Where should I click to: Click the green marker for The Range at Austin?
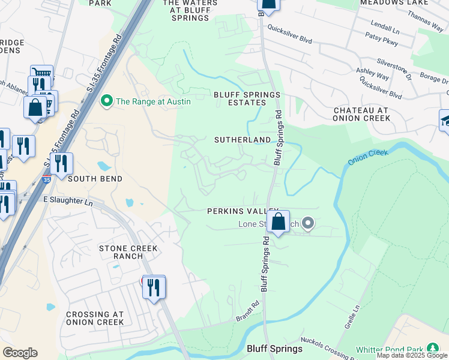[x=107, y=101]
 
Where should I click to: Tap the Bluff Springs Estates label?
[x=247, y=99]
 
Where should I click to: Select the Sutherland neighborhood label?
[x=243, y=140]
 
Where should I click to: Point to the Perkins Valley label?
[x=242, y=212]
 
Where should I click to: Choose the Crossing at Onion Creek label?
[x=95, y=318]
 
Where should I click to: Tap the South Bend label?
[x=95, y=179]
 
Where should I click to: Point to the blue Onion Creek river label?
[x=368, y=158]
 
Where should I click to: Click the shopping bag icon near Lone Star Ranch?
[x=279, y=222]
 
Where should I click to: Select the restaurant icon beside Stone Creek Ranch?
[x=154, y=287]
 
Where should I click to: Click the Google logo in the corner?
[x=20, y=353]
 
